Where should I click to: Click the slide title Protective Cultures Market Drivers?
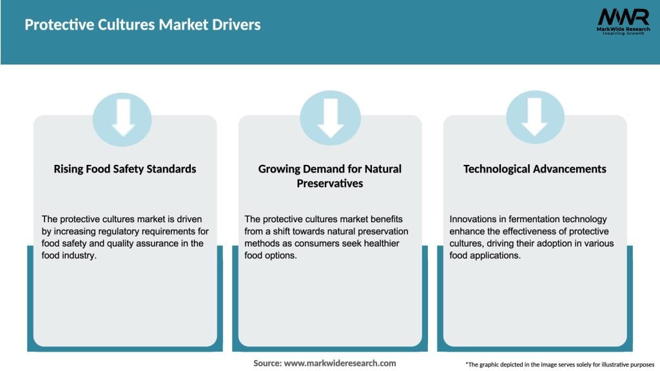[142, 25]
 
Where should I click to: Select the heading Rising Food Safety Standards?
[125, 169]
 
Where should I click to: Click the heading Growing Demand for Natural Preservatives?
[330, 176]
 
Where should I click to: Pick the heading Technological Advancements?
[535, 169]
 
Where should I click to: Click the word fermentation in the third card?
[539, 220]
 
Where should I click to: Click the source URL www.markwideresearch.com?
[340, 363]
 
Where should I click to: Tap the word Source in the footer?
[267, 363]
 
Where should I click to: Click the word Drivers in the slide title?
[235, 25]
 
